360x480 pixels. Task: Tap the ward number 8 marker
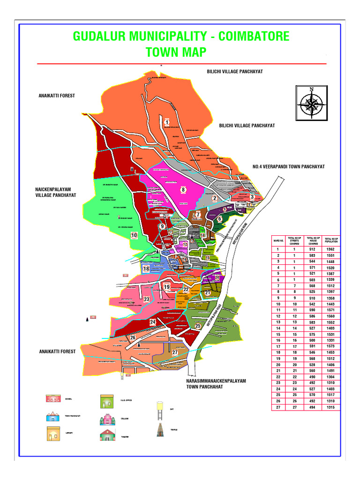point(183,190)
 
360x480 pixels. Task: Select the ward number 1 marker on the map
point(166,122)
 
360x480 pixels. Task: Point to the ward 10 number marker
point(134,235)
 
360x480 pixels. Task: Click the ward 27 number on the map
point(175,352)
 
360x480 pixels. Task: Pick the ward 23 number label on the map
point(146,299)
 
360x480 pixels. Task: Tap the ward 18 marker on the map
point(146,269)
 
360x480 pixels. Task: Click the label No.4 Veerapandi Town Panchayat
point(288,166)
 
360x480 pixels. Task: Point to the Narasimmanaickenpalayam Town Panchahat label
point(216,384)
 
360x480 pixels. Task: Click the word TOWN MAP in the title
point(176,52)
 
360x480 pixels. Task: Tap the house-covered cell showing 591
point(312,346)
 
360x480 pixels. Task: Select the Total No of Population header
point(332,240)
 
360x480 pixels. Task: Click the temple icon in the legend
point(160,430)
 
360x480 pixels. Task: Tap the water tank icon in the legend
point(160,409)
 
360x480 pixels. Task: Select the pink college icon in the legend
point(106,418)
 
